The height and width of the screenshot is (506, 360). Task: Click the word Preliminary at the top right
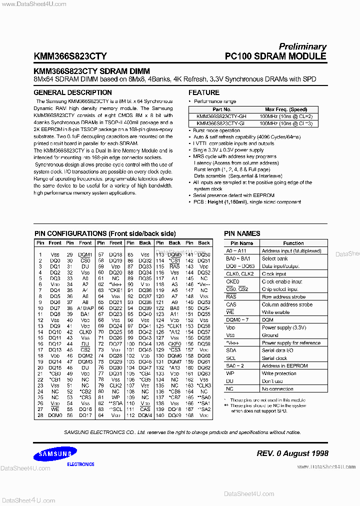coord(302,46)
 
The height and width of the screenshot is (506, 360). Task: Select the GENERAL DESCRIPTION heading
coord(72,92)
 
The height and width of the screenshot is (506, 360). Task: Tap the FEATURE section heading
coord(204,92)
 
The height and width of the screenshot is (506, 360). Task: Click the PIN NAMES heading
coord(242,233)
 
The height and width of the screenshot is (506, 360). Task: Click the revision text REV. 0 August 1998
coord(292,453)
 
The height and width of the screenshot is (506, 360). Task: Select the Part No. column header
coord(221,109)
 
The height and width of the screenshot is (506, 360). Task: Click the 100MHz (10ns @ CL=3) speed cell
coord(286,122)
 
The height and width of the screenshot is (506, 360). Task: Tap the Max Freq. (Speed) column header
coord(286,109)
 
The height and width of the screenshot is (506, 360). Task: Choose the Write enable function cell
coord(275,312)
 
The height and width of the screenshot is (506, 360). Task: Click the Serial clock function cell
coord(274,358)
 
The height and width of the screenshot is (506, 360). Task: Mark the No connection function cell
coord(277,388)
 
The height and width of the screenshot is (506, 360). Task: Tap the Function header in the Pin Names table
coord(293,243)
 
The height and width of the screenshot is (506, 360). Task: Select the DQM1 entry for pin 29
coord(85,254)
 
